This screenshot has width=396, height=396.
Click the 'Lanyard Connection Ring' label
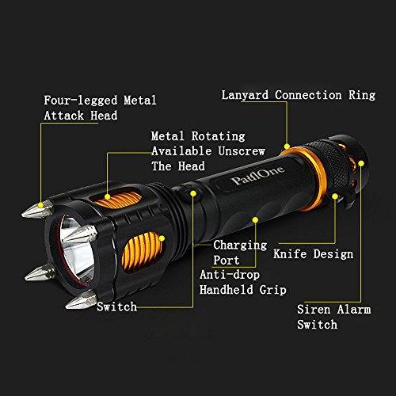coord(299,95)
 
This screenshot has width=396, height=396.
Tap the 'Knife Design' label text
coord(314,254)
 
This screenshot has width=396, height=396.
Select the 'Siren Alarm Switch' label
coord(334,317)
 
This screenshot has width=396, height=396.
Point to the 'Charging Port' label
coord(240,253)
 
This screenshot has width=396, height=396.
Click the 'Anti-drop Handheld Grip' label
coord(243,282)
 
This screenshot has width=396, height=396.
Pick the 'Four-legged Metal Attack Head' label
coord(100,108)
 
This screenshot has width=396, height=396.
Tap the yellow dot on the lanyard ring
coord(287,147)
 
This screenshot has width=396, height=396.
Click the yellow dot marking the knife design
coord(335,196)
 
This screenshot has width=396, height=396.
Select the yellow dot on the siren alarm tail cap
coord(361,163)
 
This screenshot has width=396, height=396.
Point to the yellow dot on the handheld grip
coord(255,220)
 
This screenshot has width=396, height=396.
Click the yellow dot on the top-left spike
coord(40,205)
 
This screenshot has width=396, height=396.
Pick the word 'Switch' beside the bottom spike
coord(117,307)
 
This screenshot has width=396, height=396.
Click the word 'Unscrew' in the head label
coord(242,151)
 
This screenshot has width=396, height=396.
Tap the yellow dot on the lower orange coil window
coord(162,238)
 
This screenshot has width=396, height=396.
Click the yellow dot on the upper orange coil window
coord(107,196)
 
